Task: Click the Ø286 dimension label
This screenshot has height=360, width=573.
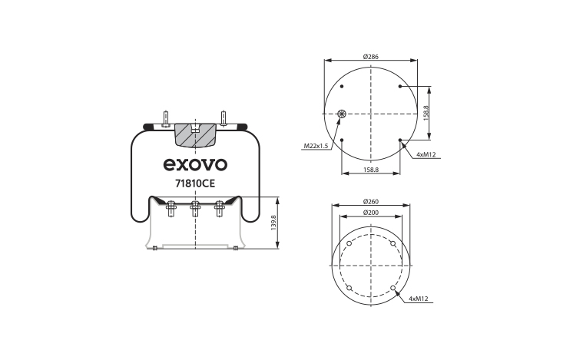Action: point(370,57)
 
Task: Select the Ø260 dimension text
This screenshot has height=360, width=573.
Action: point(370,202)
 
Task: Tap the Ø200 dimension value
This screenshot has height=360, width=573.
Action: point(370,213)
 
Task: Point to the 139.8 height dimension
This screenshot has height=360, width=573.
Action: point(273,223)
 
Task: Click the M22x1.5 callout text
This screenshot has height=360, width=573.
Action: point(316,146)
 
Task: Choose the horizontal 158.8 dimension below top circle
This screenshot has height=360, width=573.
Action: point(370,170)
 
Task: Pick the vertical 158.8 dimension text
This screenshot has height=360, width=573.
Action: point(426,113)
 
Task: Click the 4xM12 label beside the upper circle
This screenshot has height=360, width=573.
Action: point(426,154)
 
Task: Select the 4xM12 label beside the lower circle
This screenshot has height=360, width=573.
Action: point(419,299)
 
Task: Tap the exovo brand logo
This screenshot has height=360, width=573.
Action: point(195,164)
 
